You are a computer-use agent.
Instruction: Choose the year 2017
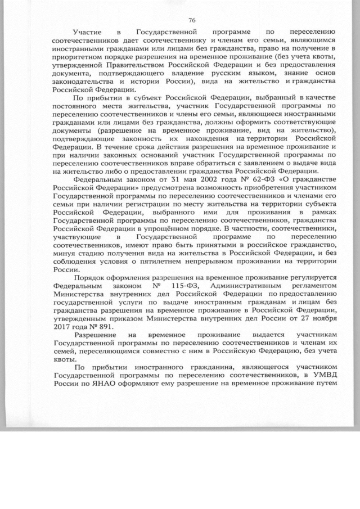(64, 326)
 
